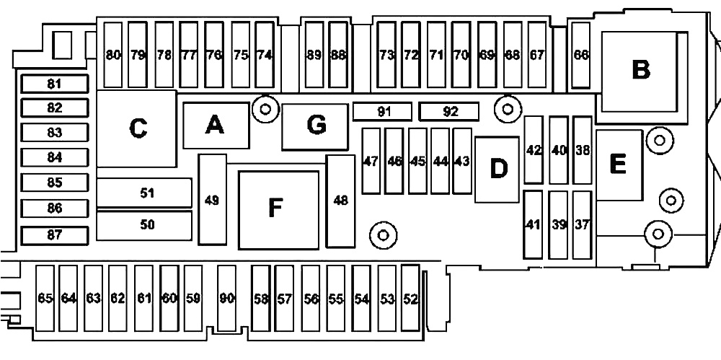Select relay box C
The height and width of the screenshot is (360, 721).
136,128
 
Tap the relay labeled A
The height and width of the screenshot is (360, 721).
216,126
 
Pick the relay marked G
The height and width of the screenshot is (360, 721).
315,126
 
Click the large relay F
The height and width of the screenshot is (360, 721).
278,210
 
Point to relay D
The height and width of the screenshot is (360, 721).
497,170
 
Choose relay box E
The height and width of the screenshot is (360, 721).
619,164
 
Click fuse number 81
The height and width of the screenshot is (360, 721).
54,84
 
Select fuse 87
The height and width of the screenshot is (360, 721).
54,235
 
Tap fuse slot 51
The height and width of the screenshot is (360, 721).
144,193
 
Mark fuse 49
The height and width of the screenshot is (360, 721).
213,199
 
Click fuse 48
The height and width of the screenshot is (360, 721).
341,201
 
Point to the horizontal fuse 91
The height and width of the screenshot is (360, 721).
383,112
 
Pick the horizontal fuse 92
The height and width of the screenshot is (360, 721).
449,112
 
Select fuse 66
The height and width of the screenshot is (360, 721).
580,55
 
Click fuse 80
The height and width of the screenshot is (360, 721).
113,55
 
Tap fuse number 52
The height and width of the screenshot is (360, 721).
410,298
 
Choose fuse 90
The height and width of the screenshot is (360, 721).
226,298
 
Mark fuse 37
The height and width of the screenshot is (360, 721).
582,225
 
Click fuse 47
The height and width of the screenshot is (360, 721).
371,161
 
